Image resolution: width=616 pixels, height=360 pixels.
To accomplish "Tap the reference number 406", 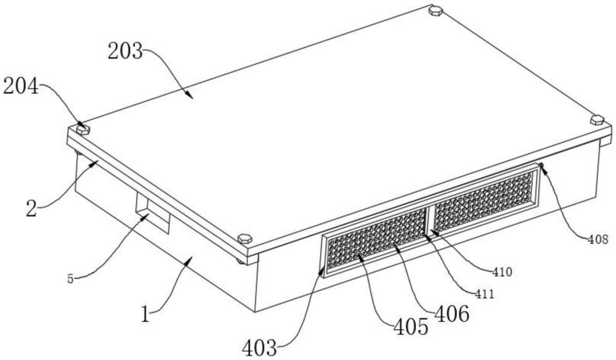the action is tap(453, 314).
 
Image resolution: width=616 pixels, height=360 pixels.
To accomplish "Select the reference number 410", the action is tap(503, 270).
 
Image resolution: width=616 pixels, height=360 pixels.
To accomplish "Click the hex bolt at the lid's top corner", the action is tap(436, 10).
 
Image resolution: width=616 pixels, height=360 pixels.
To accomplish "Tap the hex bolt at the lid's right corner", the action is tap(596, 120).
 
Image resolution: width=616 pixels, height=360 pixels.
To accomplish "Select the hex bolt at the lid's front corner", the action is tap(245, 238).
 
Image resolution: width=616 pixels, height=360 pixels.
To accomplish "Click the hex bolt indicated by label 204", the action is tap(83, 129).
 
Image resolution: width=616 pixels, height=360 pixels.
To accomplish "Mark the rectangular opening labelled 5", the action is tap(152, 216).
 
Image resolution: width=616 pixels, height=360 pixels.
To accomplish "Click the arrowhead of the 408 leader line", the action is tap(541, 165).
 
